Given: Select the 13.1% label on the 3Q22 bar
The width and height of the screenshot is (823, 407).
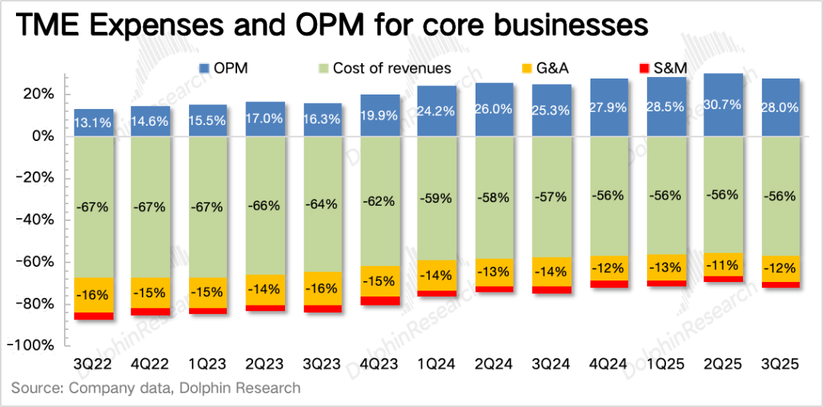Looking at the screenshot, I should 94,121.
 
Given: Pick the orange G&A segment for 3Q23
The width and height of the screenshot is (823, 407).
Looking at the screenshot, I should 322,288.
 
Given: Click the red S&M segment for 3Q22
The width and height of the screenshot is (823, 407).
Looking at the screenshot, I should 94,316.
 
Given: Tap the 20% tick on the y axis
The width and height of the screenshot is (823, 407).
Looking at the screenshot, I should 37,95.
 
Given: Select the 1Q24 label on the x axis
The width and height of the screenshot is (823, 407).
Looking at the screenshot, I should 437,365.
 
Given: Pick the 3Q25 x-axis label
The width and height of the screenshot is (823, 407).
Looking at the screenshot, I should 780,365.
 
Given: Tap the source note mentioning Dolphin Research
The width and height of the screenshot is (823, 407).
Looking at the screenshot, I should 155,388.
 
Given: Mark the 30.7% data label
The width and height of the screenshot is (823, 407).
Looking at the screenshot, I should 723,107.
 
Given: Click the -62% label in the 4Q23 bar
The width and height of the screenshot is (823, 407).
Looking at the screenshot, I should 379,201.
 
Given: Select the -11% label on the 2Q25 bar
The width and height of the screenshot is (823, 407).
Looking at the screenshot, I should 723,265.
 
